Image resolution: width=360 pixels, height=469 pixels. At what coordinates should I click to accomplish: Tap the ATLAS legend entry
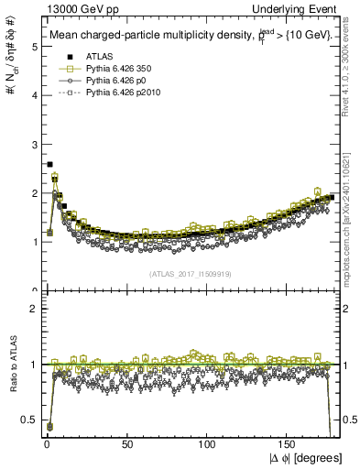98,58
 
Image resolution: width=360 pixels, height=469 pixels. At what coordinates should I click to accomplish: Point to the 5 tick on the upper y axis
33,47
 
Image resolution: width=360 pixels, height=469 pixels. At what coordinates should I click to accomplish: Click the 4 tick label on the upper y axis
33,95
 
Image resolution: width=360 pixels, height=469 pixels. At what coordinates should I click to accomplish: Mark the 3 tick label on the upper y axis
33,145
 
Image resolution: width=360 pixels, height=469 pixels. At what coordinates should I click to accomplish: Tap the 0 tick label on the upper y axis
33,291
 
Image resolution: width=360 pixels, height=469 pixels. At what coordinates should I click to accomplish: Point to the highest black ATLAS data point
49,164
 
